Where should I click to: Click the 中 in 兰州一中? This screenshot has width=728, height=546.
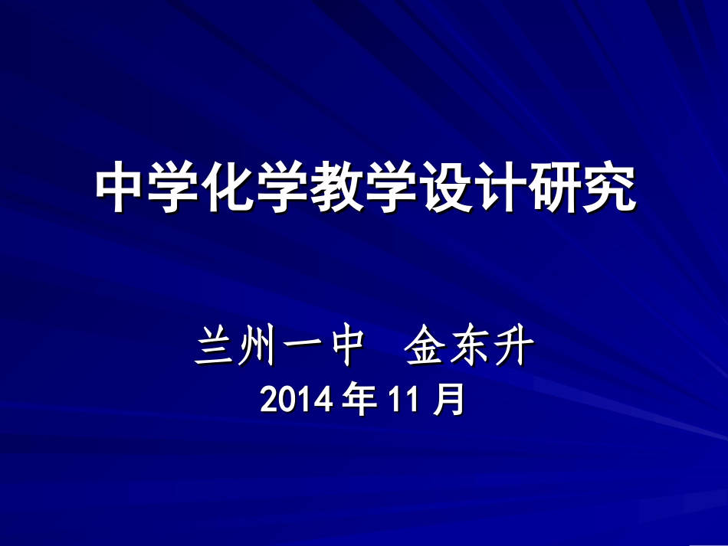click(339, 348)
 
